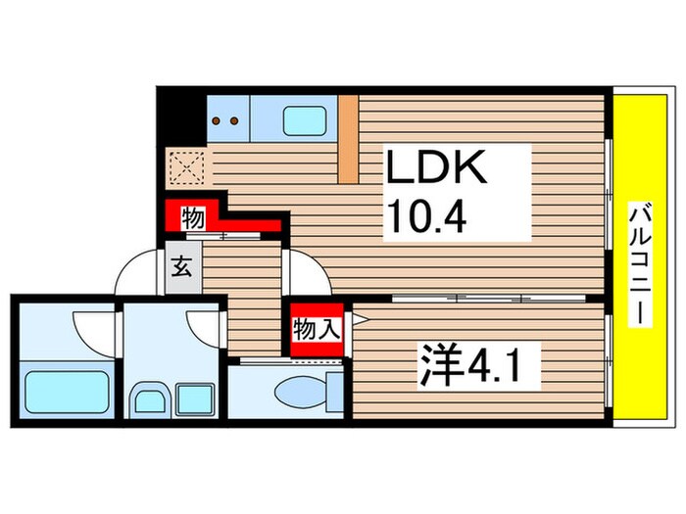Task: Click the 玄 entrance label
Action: (x=183, y=265)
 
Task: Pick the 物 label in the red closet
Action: (x=193, y=219)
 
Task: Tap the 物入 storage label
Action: (x=317, y=330)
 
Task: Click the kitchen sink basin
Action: (x=306, y=121)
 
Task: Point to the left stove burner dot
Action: (x=219, y=122)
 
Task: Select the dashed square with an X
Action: (x=185, y=166)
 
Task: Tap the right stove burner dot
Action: (x=235, y=122)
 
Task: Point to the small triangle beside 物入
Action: (x=360, y=319)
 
